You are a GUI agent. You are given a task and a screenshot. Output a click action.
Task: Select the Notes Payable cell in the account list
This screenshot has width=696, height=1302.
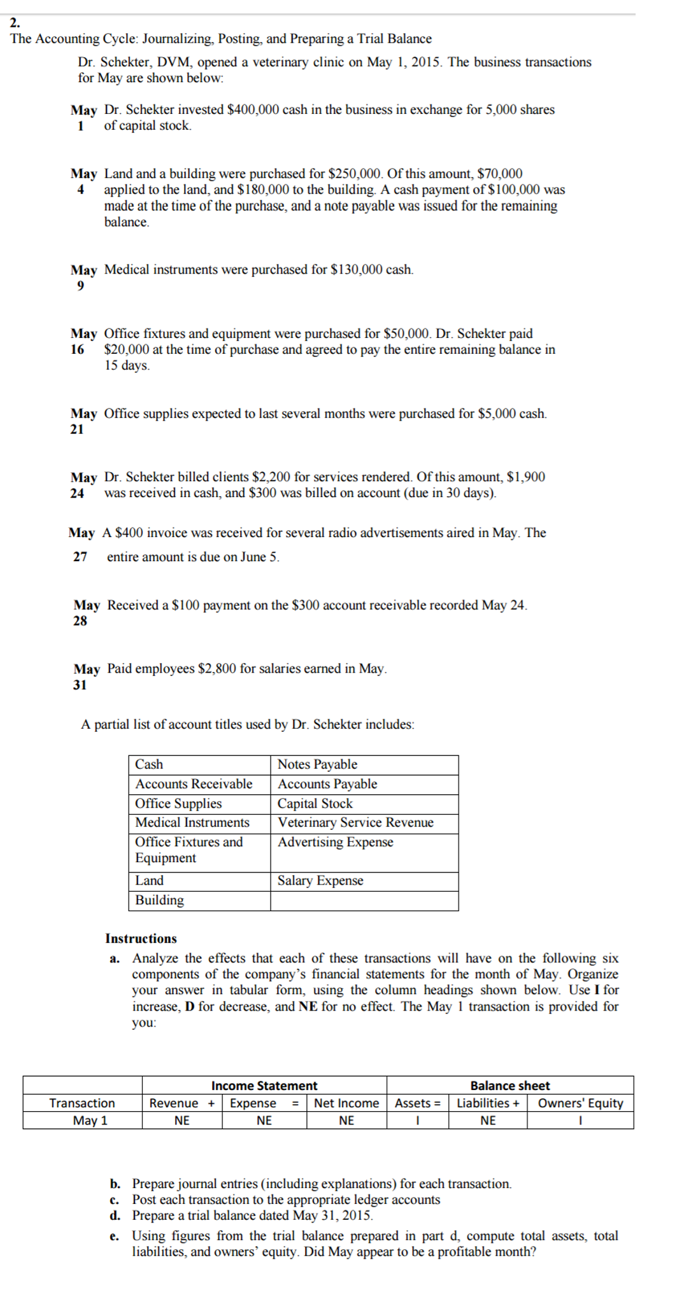317,764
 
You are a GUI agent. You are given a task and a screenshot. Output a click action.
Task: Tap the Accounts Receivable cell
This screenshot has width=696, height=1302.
194,784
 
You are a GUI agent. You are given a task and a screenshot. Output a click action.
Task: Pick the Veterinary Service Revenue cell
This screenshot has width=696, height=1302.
355,822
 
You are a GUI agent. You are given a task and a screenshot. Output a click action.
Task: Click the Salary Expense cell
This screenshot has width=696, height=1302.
320,881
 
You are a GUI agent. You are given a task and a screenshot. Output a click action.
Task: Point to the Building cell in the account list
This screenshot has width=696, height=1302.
159,900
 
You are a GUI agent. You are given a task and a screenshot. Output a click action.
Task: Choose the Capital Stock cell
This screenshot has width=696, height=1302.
315,804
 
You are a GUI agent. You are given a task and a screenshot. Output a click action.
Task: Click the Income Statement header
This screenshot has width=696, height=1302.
264,1086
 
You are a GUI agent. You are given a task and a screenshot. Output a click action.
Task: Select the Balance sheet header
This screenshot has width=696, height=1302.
509,1086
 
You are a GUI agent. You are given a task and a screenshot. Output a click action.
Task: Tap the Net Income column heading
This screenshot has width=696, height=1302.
346,1103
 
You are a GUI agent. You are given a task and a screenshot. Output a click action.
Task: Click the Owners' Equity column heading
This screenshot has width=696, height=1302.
580,1103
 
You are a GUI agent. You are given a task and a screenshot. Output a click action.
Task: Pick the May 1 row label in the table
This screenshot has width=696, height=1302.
90,1120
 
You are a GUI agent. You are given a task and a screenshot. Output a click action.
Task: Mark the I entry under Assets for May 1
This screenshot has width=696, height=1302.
417,1120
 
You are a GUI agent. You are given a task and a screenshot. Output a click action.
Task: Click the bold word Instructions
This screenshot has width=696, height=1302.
141,939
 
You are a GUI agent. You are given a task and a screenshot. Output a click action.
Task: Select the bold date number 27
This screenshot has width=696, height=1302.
80,557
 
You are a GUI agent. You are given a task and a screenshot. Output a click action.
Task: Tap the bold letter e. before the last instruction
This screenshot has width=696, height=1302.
114,1236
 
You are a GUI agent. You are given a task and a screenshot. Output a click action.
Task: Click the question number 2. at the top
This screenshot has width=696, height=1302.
15,22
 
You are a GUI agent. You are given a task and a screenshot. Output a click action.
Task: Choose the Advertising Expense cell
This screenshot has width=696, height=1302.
335,842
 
